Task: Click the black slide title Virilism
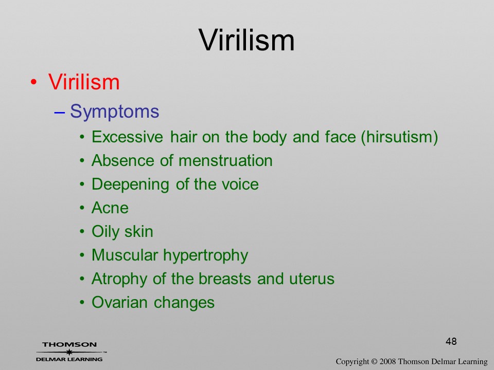tap(246, 40)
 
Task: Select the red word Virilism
tap(84, 82)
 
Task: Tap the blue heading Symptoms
tap(114, 112)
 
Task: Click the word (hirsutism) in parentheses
tap(399, 137)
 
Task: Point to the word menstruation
tap(225, 160)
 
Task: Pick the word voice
tap(240, 184)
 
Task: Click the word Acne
tap(110, 208)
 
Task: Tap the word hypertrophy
tap(205, 255)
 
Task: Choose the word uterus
tap(312, 279)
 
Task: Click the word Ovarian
tap(119, 302)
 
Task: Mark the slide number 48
tap(451, 341)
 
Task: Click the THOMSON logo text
tap(69, 344)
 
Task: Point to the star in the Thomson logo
tap(69, 352)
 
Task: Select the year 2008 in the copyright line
tap(387, 361)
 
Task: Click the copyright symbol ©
tap(374, 361)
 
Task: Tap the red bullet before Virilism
tap(34, 82)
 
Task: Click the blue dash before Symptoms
tap(60, 112)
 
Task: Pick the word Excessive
tap(127, 137)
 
